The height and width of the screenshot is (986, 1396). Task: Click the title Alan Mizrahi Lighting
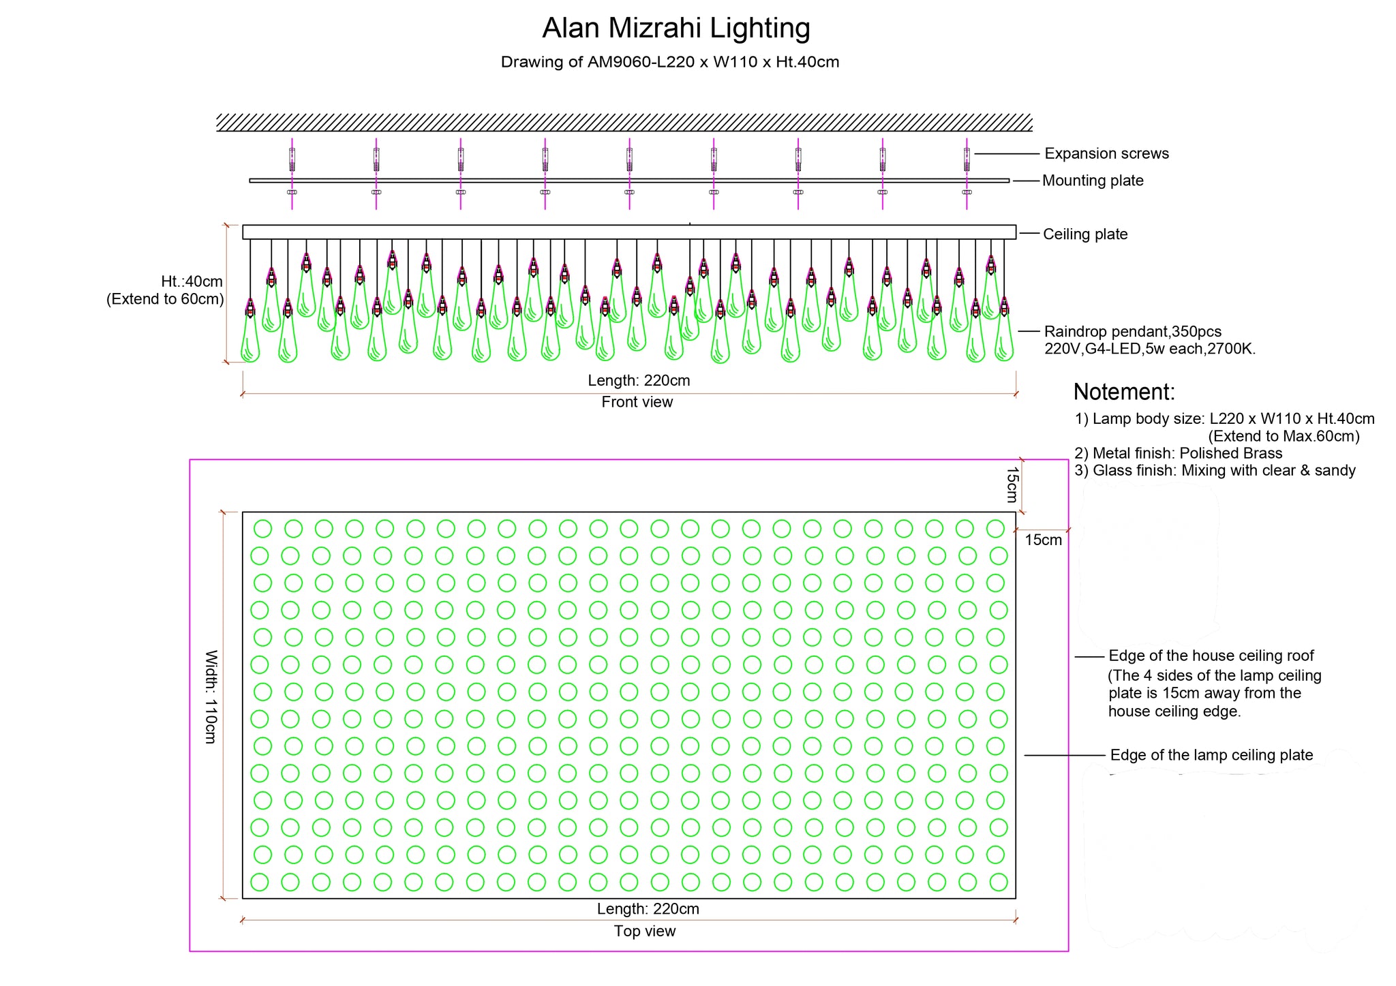(676, 29)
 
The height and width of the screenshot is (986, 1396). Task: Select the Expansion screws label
(1106, 154)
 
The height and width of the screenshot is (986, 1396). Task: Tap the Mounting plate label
(1093, 181)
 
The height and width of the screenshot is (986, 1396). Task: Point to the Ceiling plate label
(1085, 234)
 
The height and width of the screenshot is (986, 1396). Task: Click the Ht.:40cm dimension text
(192, 281)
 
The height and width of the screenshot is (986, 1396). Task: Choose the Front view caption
(637, 402)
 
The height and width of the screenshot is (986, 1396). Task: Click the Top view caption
(645, 931)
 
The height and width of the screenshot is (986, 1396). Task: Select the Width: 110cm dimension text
(211, 696)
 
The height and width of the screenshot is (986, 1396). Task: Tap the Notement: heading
(1124, 392)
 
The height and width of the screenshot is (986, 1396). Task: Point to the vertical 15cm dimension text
(1012, 484)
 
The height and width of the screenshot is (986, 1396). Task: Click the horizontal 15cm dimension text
(1044, 540)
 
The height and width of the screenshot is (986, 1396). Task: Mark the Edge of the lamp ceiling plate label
(1211, 755)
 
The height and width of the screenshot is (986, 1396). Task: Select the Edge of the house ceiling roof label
(1211, 656)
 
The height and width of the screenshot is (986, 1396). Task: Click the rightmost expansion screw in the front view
(967, 159)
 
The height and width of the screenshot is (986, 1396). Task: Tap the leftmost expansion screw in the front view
(292, 159)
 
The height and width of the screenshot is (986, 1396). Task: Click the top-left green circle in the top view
(262, 529)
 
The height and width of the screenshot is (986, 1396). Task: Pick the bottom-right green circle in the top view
(999, 882)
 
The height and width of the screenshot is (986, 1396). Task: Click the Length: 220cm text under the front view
(639, 381)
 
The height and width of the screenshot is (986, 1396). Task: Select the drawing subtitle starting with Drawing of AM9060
(670, 63)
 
